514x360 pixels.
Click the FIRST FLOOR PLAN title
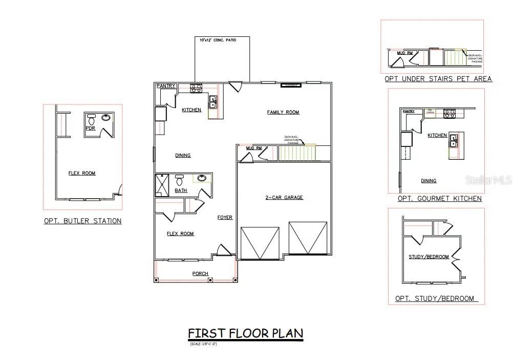(x=245, y=333)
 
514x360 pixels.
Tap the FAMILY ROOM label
(x=283, y=112)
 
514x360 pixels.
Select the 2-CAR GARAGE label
(x=284, y=197)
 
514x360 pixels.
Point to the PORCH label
(x=200, y=273)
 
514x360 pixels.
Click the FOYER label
(x=225, y=218)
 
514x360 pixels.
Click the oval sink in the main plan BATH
(x=202, y=178)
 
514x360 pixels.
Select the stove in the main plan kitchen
(x=196, y=88)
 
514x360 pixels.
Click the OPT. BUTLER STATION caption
(x=82, y=221)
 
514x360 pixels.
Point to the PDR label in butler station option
(x=90, y=128)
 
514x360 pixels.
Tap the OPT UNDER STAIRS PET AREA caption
(x=438, y=79)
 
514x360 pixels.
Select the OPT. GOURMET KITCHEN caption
(x=439, y=198)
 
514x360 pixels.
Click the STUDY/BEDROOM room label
(x=429, y=257)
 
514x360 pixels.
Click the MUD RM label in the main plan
(x=253, y=148)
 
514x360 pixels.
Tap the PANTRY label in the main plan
(x=166, y=86)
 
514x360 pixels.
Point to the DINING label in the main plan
(x=183, y=155)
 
